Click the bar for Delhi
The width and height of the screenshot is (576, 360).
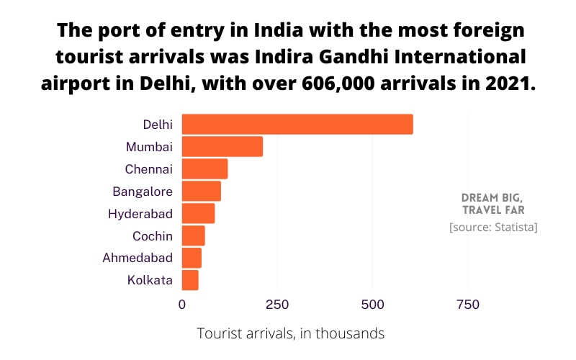click(297, 125)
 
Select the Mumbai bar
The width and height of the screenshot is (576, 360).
click(222, 147)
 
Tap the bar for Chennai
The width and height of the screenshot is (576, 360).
click(204, 169)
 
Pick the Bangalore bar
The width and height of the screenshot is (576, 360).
click(201, 192)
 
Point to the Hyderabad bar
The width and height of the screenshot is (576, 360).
click(198, 214)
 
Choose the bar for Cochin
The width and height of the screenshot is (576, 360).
click(193, 235)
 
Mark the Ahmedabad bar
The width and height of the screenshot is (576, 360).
click(192, 258)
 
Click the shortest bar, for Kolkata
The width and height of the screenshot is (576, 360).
click(190, 280)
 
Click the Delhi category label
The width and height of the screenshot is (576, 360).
click(158, 125)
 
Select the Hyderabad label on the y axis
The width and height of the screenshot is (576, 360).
click(140, 214)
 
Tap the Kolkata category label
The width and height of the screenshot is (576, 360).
click(150, 280)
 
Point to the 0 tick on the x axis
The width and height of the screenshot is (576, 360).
click(182, 305)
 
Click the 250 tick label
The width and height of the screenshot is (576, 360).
click(277, 305)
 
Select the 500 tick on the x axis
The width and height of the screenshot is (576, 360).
click(372, 305)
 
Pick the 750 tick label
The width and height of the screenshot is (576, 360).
click(468, 305)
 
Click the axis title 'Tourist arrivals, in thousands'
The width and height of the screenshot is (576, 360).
click(291, 334)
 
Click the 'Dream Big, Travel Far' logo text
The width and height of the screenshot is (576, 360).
click(492, 204)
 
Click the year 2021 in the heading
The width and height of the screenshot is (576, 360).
click(508, 81)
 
